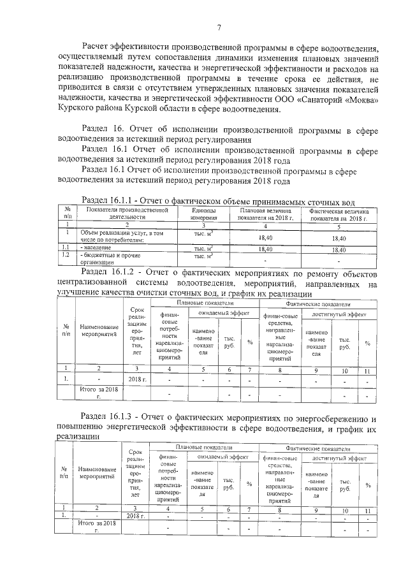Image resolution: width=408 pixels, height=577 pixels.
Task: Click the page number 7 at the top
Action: point(219,27)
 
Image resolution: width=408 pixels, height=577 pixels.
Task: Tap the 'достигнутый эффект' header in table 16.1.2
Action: point(339,315)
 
